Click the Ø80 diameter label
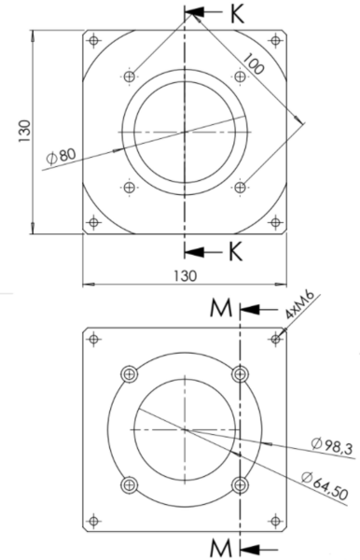coord(62,156)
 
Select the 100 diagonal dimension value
coord(254,63)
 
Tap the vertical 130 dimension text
coord(24,132)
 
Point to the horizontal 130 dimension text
coord(186,275)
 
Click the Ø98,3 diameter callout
coord(332,446)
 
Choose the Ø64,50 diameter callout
coord(325,485)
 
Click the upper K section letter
coord(237,15)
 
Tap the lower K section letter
coord(235,251)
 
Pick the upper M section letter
coord(221,308)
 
